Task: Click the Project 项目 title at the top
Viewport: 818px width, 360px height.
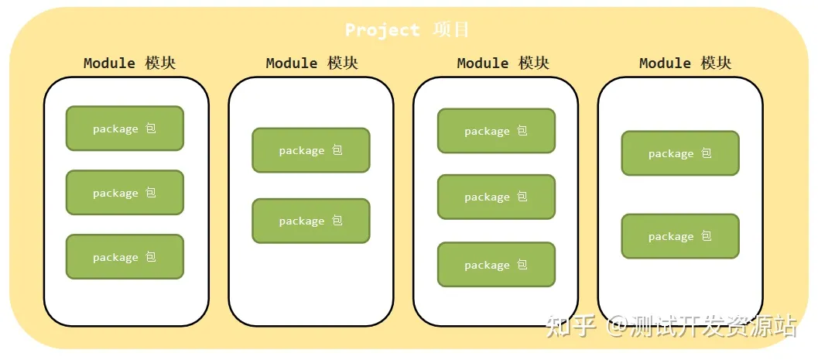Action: click(407, 30)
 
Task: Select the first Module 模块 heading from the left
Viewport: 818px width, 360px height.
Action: click(129, 63)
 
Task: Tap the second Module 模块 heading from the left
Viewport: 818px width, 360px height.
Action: click(312, 63)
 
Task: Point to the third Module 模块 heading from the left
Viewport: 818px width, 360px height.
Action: click(503, 63)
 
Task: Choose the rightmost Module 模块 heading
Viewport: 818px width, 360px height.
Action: click(685, 63)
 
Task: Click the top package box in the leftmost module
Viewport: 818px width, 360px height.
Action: click(125, 129)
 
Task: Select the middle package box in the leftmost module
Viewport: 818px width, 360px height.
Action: click(125, 193)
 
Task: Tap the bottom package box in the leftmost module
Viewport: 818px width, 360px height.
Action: click(125, 257)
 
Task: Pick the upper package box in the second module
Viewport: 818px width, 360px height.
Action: click(311, 150)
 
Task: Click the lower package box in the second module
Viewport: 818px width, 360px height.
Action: click(311, 221)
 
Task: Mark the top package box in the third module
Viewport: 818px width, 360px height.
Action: click(496, 131)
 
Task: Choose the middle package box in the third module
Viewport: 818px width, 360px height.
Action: click(496, 197)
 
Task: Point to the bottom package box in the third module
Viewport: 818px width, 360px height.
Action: click(496, 265)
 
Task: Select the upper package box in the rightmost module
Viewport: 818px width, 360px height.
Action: click(680, 153)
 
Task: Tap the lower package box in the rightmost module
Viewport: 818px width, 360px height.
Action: click(680, 236)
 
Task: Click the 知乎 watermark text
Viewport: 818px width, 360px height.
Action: click(571, 326)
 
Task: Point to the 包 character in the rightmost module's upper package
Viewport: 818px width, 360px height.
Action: click(707, 153)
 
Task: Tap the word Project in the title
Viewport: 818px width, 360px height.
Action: click(382, 30)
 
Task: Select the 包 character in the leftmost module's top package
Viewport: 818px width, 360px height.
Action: click(151, 129)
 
